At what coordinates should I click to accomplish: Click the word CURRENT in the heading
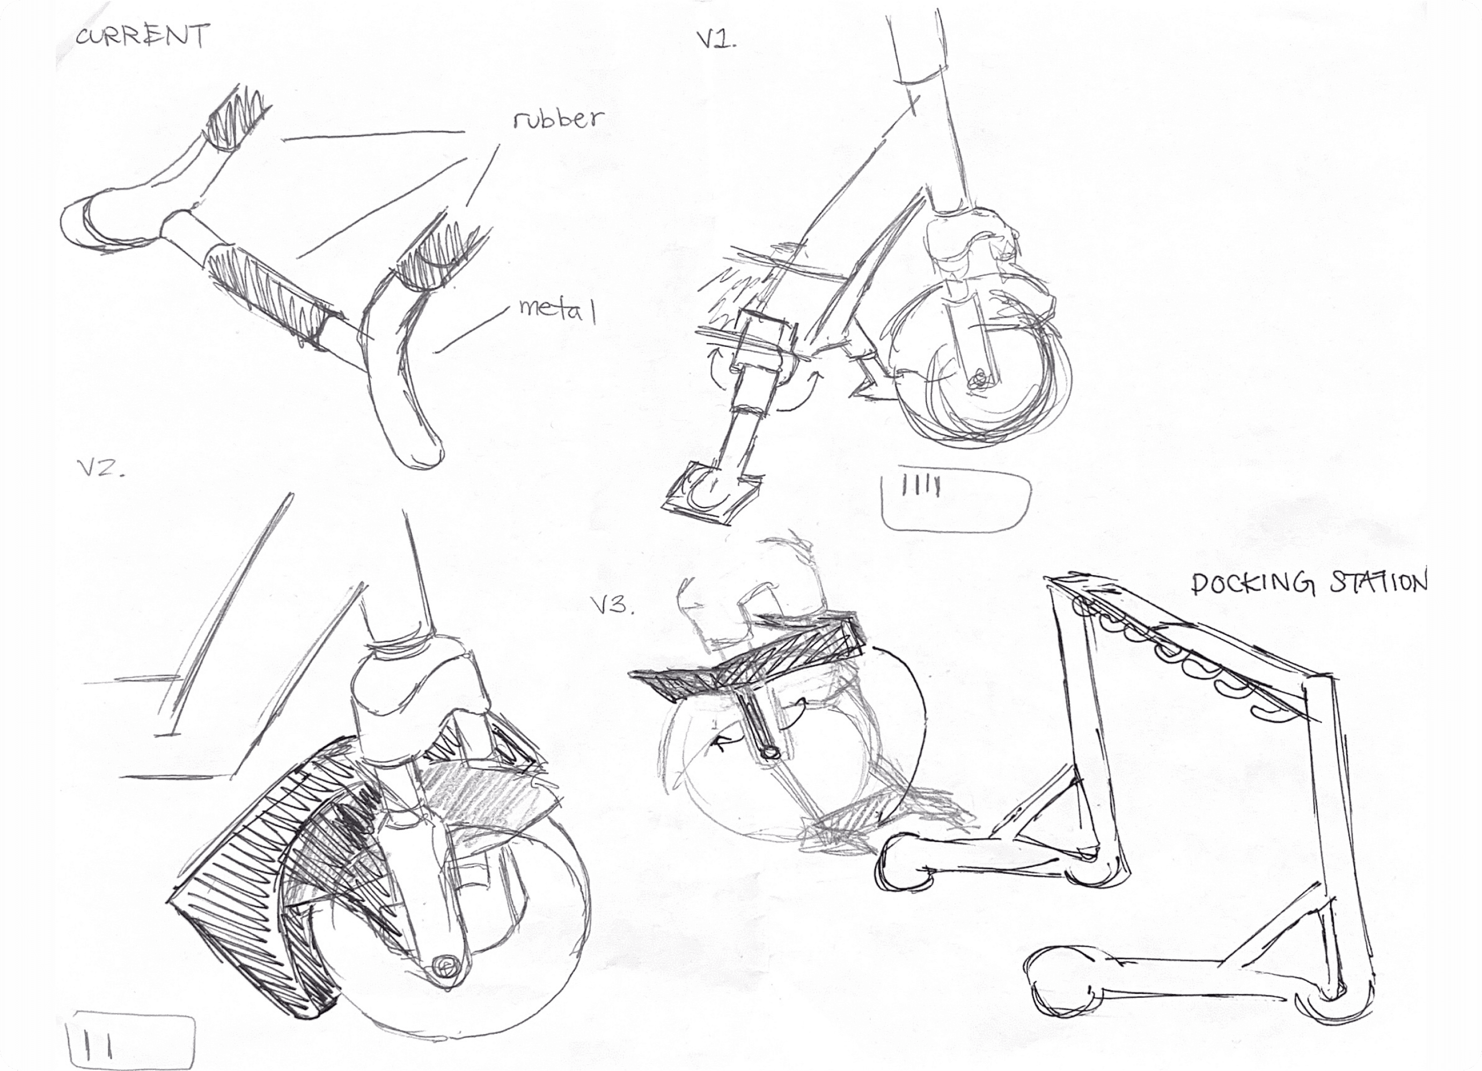click(142, 36)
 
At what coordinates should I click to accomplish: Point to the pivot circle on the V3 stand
click(771, 753)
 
